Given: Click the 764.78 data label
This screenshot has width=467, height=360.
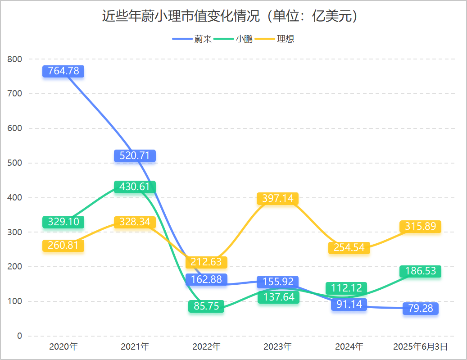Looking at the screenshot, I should [63, 71].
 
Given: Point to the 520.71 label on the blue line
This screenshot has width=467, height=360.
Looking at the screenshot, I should [135, 156].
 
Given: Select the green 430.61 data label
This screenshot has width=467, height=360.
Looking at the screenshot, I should [135, 187].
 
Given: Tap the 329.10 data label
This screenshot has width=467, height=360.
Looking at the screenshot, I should [63, 222].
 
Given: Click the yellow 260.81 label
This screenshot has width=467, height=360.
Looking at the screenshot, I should [63, 246].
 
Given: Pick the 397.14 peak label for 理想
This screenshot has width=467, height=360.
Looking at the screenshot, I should [278, 199].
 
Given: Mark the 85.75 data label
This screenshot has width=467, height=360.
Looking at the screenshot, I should [206, 306].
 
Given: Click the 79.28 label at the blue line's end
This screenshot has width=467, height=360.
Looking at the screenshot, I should [421, 309].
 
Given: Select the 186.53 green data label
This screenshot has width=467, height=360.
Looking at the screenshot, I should [421, 271].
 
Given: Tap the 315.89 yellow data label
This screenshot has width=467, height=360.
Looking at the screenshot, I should [421, 227].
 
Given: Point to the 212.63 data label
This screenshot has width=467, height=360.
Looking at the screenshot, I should [206, 262].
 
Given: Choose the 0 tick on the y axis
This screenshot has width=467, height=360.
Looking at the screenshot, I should [19, 336].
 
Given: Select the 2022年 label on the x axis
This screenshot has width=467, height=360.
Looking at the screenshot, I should [206, 347].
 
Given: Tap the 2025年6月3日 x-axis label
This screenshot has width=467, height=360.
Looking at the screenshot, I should [421, 347].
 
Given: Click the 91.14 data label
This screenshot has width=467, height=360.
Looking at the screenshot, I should [349, 305].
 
